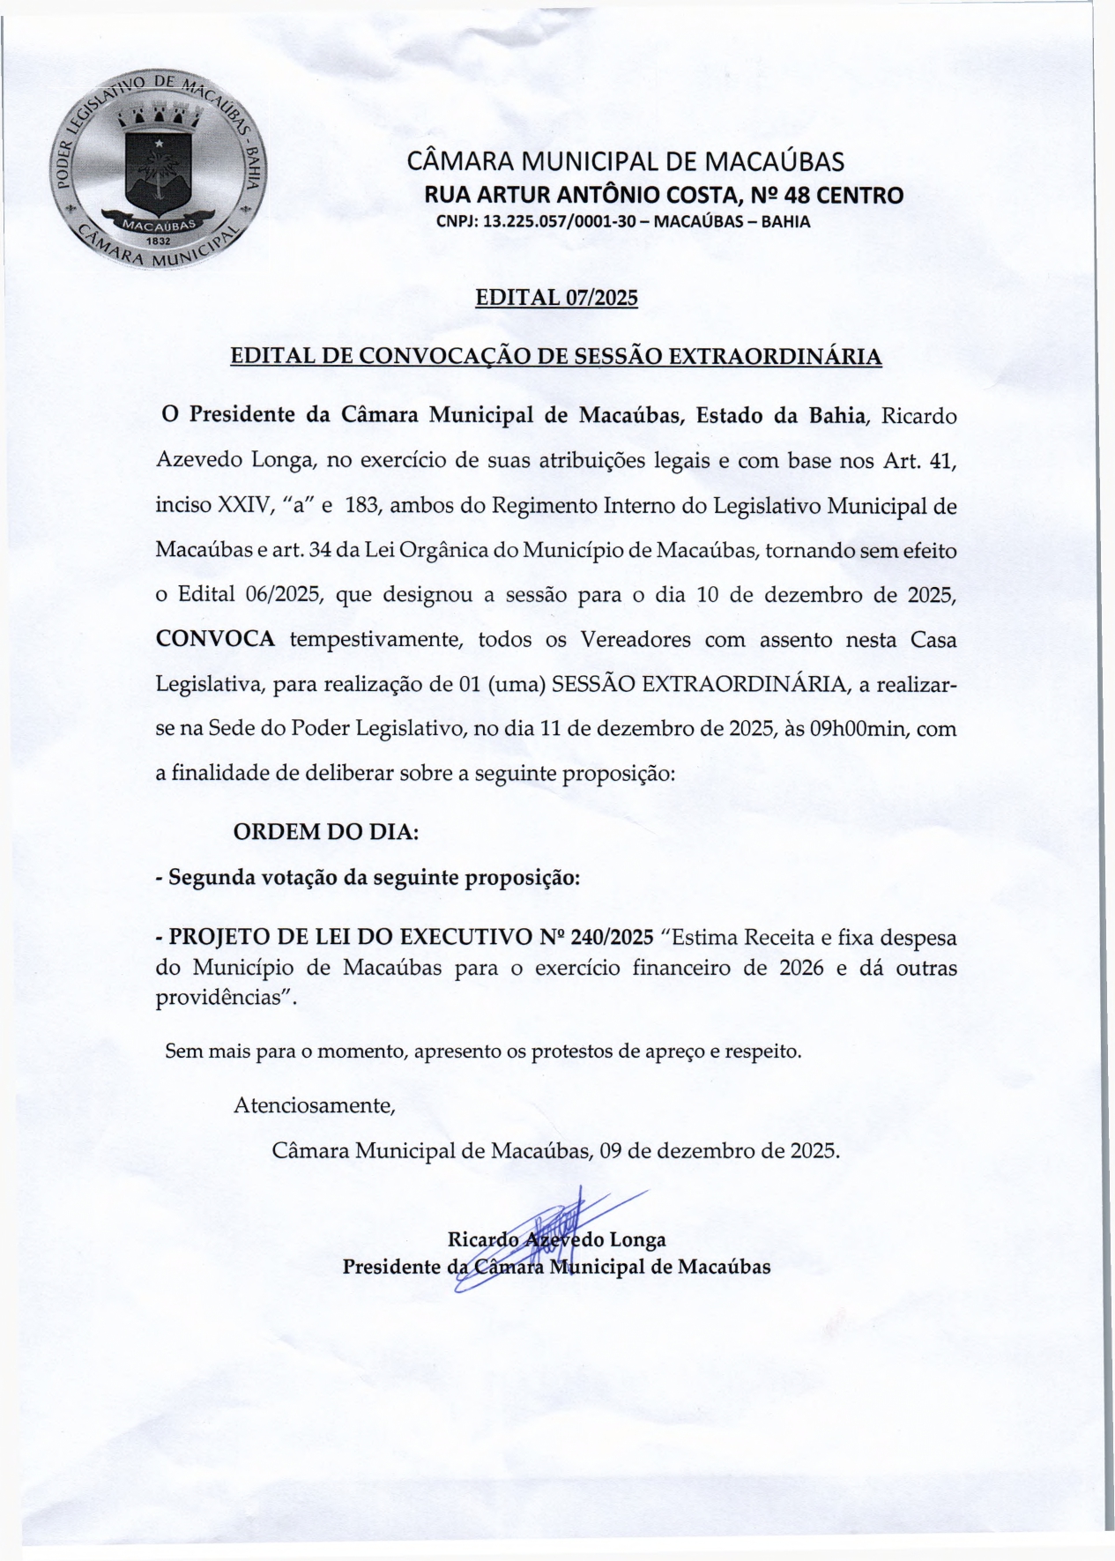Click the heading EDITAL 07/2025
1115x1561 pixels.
pyautogui.click(x=556, y=297)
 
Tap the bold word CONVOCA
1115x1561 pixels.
pyautogui.click(x=215, y=639)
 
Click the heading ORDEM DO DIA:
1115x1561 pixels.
pyautogui.click(x=325, y=831)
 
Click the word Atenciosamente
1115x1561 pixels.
pyautogui.click(x=313, y=1104)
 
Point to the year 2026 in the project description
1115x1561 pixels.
pyautogui.click(x=800, y=967)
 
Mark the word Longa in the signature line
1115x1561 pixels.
pyautogui.click(x=637, y=1239)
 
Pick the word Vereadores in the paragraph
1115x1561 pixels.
pyautogui.click(x=635, y=639)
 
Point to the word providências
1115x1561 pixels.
pyautogui.click(x=224, y=997)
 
